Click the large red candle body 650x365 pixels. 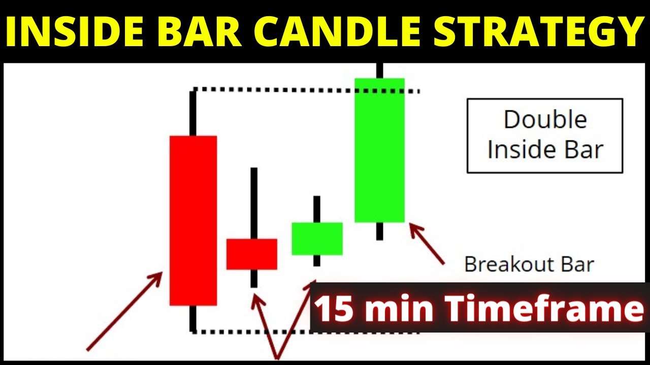[193, 221]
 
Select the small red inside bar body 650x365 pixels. [251, 254]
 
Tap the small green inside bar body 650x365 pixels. [317, 238]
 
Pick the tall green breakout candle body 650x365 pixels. [379, 150]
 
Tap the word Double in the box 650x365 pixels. [545, 120]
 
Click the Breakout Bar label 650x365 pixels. [529, 264]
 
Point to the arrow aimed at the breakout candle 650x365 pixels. [427, 244]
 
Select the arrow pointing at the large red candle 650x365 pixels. [124, 311]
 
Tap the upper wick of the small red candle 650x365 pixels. [253, 203]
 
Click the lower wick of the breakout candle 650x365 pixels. [379, 231]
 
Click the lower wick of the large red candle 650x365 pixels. [193, 318]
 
